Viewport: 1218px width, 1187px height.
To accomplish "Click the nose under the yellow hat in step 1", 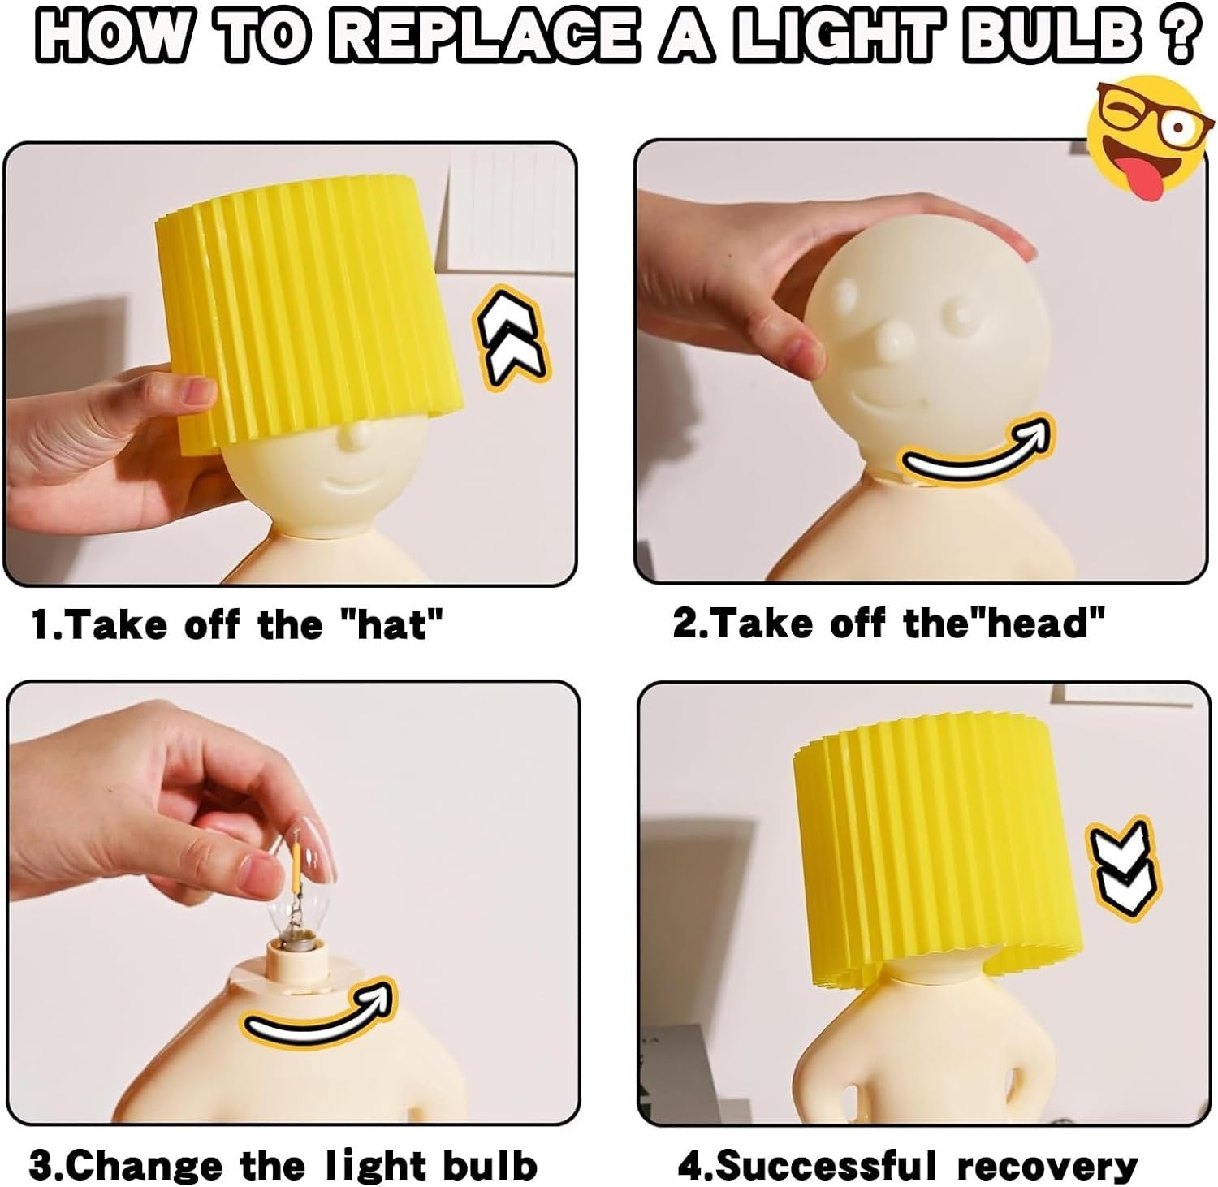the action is [x=351, y=438].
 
